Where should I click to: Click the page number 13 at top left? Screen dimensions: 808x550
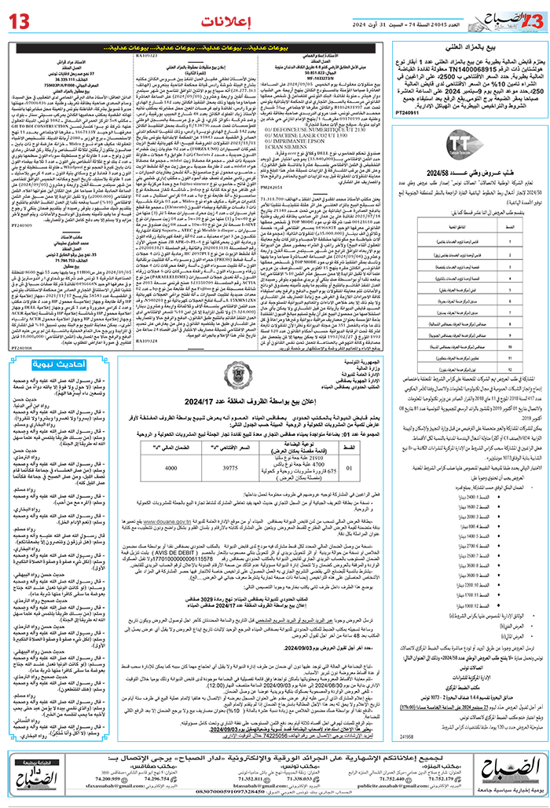[21, 17]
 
